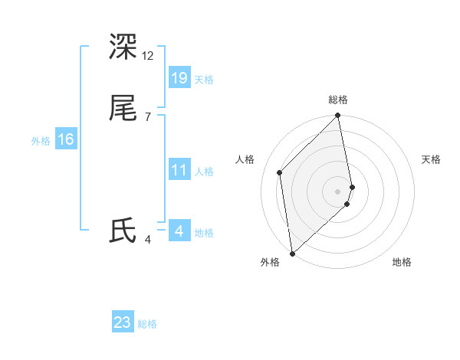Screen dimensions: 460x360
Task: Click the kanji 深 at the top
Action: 123,47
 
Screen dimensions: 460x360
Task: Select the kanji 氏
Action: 123,231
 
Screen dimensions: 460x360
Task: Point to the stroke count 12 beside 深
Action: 148,56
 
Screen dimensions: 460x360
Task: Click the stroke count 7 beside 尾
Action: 147,117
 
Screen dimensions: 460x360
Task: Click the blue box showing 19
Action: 179,77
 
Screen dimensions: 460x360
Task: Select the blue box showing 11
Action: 179,170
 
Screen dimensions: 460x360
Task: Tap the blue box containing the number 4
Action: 179,231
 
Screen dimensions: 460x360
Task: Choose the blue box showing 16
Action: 66,139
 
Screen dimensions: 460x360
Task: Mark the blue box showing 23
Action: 123,322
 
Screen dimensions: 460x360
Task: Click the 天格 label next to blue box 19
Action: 204,80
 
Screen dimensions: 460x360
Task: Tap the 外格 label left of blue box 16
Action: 41,141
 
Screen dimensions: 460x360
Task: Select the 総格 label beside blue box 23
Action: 148,325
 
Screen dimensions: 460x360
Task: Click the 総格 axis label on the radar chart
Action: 338,100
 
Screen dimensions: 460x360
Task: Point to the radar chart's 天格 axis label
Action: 431,159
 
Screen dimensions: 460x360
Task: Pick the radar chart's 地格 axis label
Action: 402,263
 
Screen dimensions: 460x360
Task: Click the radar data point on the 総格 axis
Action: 338,116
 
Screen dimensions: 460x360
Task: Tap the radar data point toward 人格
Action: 280,172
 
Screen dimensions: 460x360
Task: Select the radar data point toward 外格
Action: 292,254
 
